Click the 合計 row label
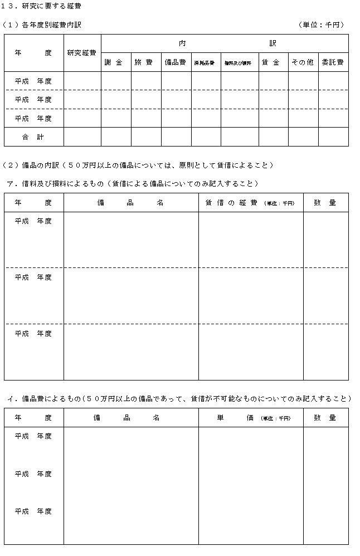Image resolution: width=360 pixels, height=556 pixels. point(33,136)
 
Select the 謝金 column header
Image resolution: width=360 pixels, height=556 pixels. point(115,62)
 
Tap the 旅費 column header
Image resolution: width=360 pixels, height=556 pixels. point(145,62)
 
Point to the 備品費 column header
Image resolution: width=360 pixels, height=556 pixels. point(176,62)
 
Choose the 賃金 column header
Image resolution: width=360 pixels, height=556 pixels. point(273,62)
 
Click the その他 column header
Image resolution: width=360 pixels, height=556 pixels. point(303,62)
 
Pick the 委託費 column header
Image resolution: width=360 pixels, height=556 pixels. point(333,62)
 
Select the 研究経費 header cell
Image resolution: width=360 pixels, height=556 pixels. point(82,53)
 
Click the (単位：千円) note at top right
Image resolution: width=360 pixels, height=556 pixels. point(322,25)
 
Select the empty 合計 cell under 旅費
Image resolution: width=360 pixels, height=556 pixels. point(145,136)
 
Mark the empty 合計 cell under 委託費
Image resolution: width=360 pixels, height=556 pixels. point(333,136)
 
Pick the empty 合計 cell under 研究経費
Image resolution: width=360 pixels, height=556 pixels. point(82,136)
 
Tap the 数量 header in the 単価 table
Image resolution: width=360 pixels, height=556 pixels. point(325,418)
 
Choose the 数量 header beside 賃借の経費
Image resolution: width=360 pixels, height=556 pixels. point(325,203)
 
